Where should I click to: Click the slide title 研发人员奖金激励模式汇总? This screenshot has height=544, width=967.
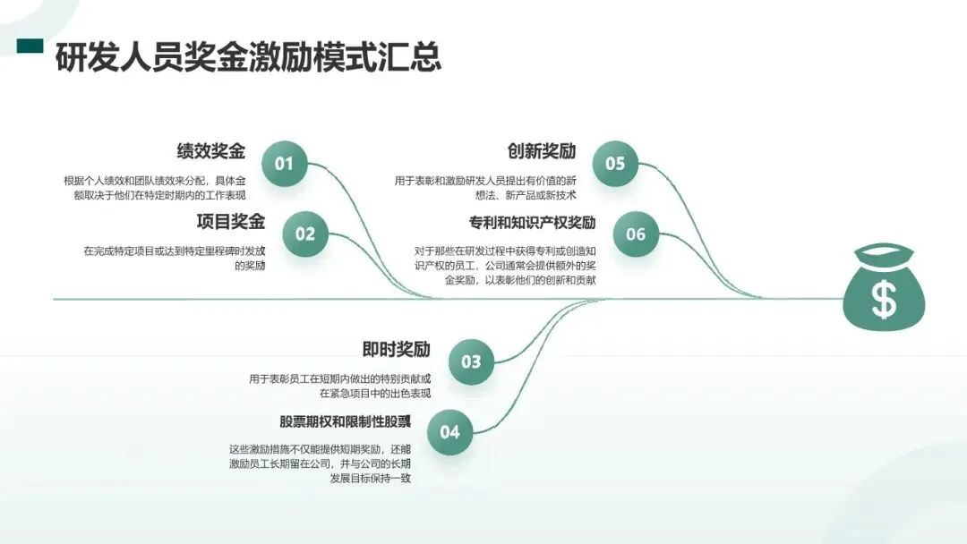(x=248, y=57)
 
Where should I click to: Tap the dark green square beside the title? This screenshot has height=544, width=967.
(x=31, y=46)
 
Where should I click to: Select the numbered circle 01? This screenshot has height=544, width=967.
(x=284, y=164)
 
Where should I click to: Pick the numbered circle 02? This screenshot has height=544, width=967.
(x=305, y=234)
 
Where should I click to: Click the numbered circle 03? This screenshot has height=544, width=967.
(x=471, y=362)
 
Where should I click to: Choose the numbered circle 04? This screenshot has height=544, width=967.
(x=449, y=432)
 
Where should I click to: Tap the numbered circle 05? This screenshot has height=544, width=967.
(x=615, y=164)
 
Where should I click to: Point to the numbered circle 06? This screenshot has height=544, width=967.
(x=636, y=234)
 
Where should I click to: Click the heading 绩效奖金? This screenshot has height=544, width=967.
(x=211, y=151)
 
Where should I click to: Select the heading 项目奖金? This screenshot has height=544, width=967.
(x=231, y=222)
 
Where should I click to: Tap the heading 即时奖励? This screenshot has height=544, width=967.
(x=397, y=349)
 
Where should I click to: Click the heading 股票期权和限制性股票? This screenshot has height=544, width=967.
(x=346, y=421)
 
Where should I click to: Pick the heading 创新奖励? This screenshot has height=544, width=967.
(x=542, y=151)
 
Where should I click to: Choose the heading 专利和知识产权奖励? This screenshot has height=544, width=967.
(x=533, y=222)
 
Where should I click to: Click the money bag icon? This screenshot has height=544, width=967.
(x=884, y=287)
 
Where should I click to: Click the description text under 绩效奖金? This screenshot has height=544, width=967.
(x=155, y=188)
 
